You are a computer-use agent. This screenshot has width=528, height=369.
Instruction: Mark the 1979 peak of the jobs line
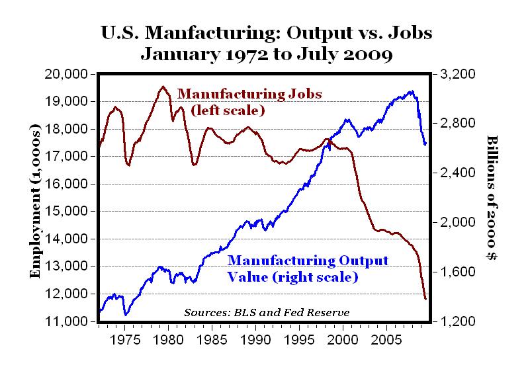tap(163, 87)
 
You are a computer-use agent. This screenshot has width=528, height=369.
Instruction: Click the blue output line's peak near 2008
tap(412, 92)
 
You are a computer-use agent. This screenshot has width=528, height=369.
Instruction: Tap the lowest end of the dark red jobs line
tap(425, 299)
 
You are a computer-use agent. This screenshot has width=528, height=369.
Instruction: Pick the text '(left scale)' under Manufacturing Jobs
tap(227, 110)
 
